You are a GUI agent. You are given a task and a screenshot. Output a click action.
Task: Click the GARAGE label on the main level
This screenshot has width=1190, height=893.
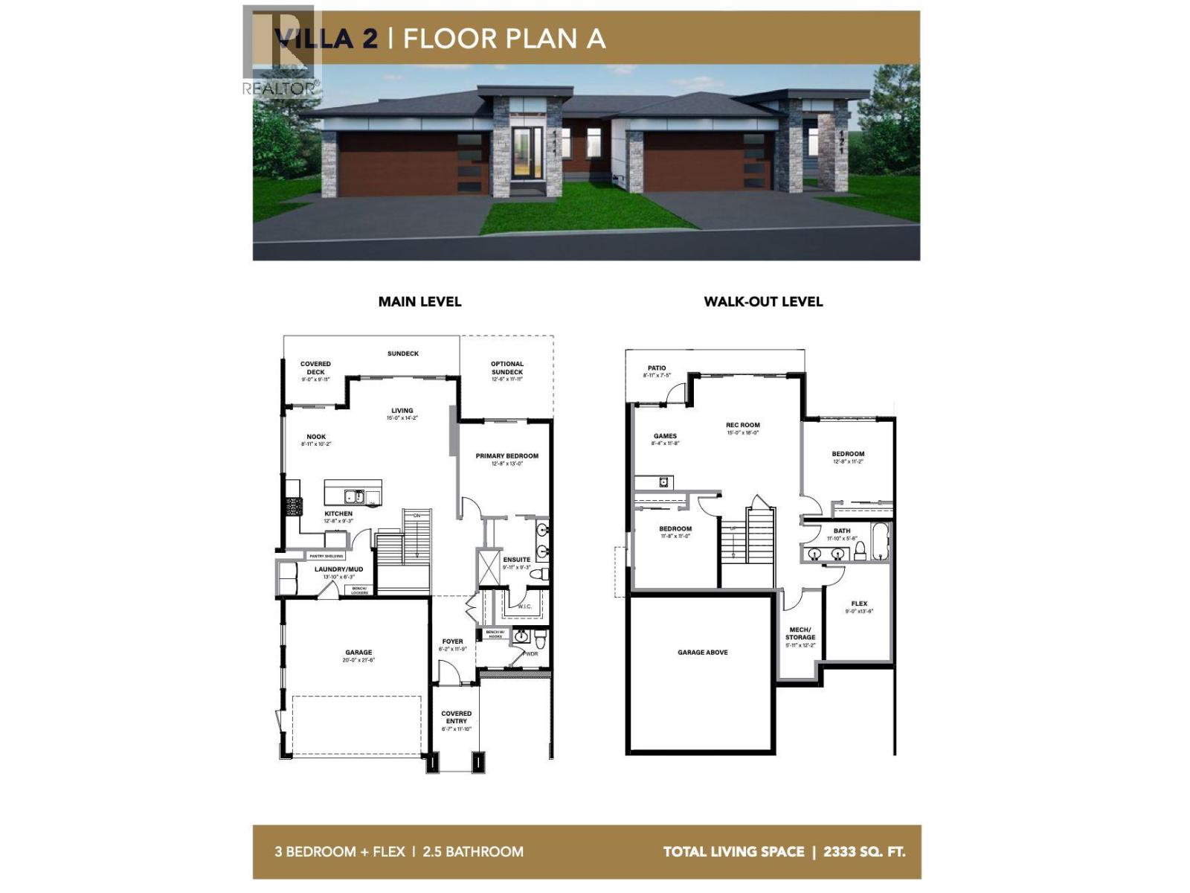coord(358,653)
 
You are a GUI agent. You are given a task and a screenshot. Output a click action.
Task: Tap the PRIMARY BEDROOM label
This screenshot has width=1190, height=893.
coord(507,456)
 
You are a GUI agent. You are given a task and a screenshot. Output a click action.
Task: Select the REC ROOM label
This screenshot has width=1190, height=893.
coord(743,426)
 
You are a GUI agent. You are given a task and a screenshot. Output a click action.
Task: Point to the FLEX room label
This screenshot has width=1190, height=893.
coord(859,604)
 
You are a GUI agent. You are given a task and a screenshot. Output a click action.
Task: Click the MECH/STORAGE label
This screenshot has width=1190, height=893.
coord(800,633)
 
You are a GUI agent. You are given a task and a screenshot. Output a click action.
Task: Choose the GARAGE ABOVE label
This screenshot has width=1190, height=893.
coord(702,653)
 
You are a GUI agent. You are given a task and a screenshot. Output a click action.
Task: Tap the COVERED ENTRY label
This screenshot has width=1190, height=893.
coord(456,717)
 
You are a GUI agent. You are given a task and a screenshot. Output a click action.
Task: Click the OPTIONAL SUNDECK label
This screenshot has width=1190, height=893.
coord(507,368)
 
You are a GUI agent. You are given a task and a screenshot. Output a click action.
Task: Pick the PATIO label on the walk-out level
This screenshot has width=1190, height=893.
coord(657,368)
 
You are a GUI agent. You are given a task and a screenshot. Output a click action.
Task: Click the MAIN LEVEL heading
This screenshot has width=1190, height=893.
coord(419,301)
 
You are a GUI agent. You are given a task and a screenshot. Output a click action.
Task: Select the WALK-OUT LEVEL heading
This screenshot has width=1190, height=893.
coord(763,301)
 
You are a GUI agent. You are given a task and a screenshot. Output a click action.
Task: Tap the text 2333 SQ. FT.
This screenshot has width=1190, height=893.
coord(864,852)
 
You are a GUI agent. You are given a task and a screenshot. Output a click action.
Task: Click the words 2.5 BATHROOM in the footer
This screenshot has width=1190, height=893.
coord(473,852)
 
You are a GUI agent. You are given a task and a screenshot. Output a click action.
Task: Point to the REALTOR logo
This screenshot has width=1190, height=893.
coord(280,52)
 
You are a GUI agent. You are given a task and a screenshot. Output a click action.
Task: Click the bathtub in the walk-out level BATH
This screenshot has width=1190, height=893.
coord(880,541)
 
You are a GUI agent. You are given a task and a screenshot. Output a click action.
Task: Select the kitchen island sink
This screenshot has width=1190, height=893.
coord(353,496)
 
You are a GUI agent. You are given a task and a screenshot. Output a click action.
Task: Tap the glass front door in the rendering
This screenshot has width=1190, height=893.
coord(527,154)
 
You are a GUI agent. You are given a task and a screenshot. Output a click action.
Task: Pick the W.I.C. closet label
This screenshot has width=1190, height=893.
coord(524,606)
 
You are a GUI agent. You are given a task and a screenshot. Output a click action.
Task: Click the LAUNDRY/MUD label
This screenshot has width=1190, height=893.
coord(338,569)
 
